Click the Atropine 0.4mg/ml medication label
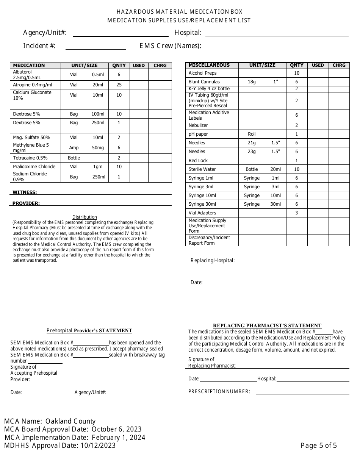click(x=33, y=85)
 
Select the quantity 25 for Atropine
click(x=119, y=85)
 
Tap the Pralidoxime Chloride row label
click(x=34, y=167)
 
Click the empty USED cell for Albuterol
click(x=139, y=75)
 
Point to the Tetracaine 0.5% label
click(x=30, y=158)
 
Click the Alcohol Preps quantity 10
click(x=297, y=73)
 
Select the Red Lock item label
click(x=198, y=161)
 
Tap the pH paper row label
click(x=198, y=134)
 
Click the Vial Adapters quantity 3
click(x=297, y=213)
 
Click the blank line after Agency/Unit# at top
click(x=121, y=34)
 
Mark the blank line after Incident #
click(x=95, y=47)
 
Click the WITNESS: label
click(x=25, y=192)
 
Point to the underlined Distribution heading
click(x=85, y=217)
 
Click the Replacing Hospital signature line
click(x=291, y=261)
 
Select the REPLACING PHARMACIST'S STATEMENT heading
click(x=267, y=325)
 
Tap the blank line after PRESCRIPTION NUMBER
click(x=302, y=393)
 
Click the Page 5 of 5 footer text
click(x=319, y=446)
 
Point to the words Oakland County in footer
click(x=70, y=421)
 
